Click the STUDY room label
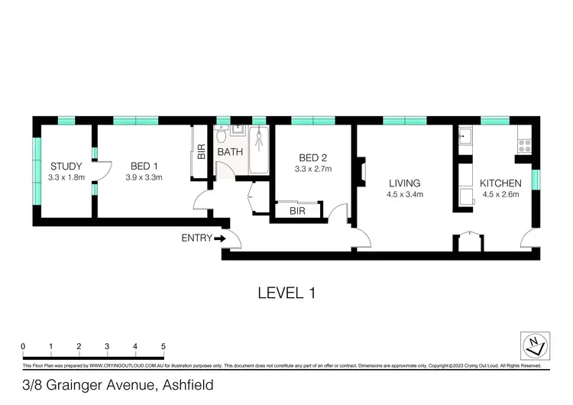point(66,167)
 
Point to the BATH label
point(230,152)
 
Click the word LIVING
point(404,183)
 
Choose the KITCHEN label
point(500,183)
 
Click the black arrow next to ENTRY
point(220,238)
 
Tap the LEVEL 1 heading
point(286,292)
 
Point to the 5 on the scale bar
point(163,347)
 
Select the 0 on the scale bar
point(23,347)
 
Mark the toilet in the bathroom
point(221,135)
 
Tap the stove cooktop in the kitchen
point(525,143)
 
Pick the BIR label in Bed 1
point(202,151)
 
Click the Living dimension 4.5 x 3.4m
point(404,195)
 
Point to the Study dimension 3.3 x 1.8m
point(66,177)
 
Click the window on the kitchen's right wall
point(536,179)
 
